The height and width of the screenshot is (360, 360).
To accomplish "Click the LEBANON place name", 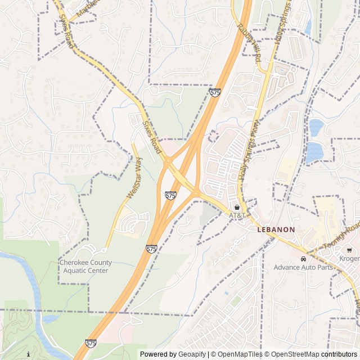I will point(276,229).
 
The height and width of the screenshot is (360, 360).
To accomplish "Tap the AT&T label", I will point(237,215).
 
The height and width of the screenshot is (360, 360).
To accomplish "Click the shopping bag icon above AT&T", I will point(237,207).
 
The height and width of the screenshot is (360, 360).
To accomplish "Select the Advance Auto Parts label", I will point(303,267).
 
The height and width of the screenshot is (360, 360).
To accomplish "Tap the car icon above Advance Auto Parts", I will point(303,259).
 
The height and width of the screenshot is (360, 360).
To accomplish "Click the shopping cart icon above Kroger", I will point(350,250).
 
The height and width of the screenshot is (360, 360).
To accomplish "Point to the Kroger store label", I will point(350,258).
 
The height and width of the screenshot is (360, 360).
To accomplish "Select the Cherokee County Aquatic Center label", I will point(85,267).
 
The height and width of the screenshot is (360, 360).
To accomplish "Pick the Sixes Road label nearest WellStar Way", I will point(152,138).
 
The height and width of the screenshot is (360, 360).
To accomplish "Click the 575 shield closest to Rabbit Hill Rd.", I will point(215,92).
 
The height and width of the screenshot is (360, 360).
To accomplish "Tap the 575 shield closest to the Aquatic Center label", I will point(151,248).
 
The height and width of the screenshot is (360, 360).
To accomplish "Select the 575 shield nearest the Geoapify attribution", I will point(91,343).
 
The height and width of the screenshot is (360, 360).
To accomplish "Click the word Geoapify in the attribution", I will point(192,354).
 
